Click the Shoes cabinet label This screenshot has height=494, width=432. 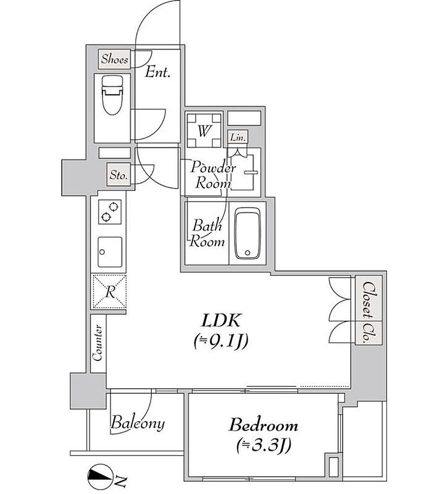point(115,59)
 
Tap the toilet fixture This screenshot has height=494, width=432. point(112,95)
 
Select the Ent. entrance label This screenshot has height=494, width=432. point(157,72)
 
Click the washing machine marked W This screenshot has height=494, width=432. point(204,130)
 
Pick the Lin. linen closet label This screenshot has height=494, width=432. point(238,137)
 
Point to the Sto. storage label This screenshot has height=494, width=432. point(118,175)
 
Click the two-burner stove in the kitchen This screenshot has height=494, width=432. point(110,211)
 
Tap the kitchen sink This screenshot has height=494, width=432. point(110,252)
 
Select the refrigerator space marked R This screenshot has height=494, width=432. point(109,291)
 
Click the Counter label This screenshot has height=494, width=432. point(98,343)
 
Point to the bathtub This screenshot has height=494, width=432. point(247,233)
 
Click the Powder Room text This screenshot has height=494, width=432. point(213,175)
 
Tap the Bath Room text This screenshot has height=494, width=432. point(207,233)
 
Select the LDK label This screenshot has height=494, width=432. point(221,321)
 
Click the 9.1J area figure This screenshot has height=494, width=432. point(221,341)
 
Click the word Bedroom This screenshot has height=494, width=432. point(264,425)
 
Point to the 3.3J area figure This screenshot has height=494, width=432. point(264,445)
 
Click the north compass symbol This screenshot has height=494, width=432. point(101,477)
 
